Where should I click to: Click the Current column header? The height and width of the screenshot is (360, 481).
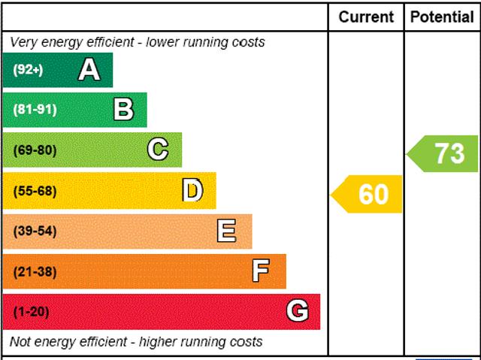(366, 17)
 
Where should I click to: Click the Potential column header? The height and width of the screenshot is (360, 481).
(442, 17)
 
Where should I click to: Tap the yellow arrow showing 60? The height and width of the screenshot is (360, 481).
(368, 194)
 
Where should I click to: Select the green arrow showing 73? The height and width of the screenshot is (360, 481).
(444, 153)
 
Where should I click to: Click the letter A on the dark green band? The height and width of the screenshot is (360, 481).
(89, 70)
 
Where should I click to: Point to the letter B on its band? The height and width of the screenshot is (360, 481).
(123, 110)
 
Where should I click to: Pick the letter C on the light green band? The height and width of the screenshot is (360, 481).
(157, 150)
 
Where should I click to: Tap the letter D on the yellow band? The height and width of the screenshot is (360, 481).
(193, 191)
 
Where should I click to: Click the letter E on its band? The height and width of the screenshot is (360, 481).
(226, 231)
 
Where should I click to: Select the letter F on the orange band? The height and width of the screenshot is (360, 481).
(261, 271)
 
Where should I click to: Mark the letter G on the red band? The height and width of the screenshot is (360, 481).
(298, 311)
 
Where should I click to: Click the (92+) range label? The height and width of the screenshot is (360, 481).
(29, 70)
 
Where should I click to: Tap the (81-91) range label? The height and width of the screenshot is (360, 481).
(35, 110)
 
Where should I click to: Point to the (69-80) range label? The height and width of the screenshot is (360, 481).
(35, 150)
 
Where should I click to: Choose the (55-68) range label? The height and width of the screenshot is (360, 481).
(35, 191)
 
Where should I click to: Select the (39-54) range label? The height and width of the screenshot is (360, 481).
(35, 231)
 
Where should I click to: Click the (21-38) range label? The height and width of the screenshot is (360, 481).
(35, 271)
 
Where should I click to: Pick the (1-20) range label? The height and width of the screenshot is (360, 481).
(31, 311)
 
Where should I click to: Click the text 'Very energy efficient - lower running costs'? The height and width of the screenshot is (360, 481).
(138, 42)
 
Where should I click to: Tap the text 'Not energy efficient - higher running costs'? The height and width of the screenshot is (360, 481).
(137, 342)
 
